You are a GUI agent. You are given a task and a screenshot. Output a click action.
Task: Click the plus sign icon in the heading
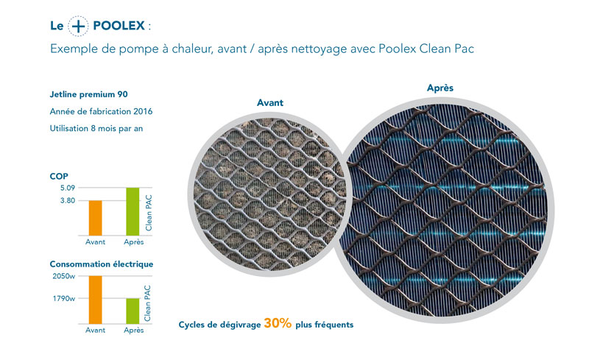[78, 26]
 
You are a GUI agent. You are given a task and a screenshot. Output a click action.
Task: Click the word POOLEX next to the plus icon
[119, 26]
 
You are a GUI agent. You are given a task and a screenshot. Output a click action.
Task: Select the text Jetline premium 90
[88, 94]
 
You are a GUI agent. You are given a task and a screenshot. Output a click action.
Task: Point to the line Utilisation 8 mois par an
[96, 129]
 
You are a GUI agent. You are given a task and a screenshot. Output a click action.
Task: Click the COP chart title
[59, 176]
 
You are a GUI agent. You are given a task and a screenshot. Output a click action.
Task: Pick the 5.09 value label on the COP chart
[68, 188]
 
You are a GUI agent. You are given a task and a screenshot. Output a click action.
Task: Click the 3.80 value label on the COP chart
[68, 201]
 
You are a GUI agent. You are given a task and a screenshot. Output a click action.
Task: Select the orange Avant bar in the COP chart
[96, 218]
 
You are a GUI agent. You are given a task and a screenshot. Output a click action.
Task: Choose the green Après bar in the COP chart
[133, 211]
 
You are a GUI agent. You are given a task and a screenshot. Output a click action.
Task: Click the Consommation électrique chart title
[102, 264]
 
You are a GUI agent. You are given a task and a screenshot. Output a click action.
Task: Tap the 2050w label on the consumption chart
[64, 276]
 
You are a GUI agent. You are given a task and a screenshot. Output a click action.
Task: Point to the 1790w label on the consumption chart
[64, 299]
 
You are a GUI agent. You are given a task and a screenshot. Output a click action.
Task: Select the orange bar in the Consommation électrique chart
[96, 300]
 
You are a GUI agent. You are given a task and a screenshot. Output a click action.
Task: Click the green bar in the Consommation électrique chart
[133, 311]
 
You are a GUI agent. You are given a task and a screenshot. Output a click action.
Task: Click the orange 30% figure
[278, 323]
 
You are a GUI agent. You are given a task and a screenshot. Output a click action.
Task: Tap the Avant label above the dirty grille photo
[270, 102]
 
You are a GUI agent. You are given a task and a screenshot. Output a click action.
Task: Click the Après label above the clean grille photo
[440, 88]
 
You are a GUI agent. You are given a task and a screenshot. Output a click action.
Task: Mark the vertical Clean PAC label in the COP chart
[149, 213]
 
